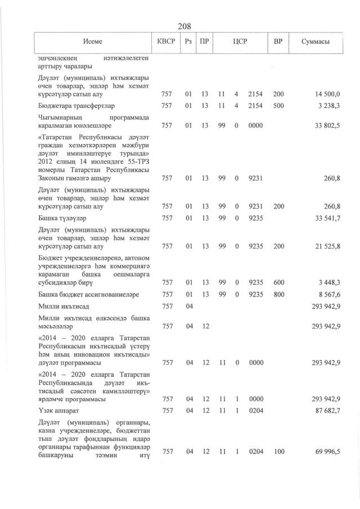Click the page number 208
pyautogui.click(x=184, y=26)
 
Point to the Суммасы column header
pyautogui.click(x=315, y=42)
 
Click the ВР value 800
pyautogui.click(x=278, y=294)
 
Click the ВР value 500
pyautogui.click(x=278, y=105)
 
